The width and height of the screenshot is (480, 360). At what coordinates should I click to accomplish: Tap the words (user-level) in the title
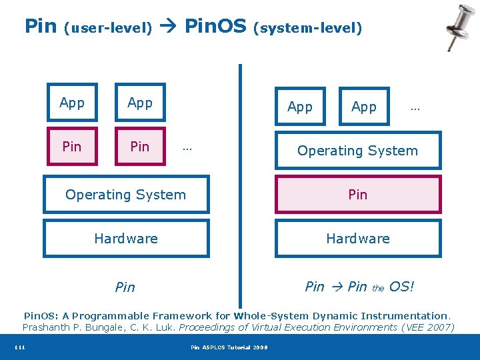(108, 28)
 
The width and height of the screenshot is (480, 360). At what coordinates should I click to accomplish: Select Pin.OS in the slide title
(216, 27)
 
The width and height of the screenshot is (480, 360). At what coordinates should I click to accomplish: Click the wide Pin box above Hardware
(358, 195)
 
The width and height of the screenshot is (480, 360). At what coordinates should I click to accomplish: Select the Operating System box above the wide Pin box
(358, 151)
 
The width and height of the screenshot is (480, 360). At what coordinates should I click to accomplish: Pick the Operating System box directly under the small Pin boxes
(126, 195)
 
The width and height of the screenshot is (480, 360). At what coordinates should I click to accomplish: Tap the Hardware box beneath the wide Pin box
(358, 239)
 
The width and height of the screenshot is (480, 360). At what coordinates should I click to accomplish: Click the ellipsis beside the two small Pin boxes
(187, 147)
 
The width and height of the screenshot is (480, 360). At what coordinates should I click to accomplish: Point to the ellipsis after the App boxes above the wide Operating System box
(415, 107)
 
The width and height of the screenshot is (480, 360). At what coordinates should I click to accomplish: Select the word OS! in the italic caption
(401, 287)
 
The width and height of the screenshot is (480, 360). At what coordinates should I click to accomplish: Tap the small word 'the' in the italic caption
(378, 289)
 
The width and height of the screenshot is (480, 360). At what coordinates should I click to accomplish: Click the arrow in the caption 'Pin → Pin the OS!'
(337, 287)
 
